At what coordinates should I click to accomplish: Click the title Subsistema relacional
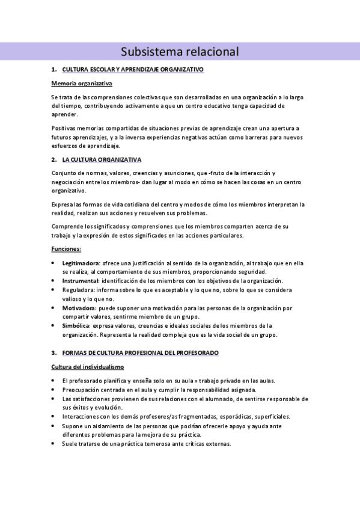point(180,52)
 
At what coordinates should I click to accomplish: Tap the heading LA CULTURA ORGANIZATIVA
point(102,159)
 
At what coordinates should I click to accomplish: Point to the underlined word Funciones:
point(66,249)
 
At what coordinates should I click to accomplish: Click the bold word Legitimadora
point(81,263)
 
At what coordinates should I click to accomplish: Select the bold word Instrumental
point(81,281)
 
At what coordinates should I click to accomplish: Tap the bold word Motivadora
point(79,308)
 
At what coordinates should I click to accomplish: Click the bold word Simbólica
point(76,325)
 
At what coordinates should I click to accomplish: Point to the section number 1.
point(54,70)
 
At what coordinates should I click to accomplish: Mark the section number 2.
point(54,159)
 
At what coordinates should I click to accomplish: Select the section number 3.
point(54,352)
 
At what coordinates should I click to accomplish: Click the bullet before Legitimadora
point(54,263)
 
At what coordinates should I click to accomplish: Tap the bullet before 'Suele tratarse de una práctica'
point(54,444)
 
